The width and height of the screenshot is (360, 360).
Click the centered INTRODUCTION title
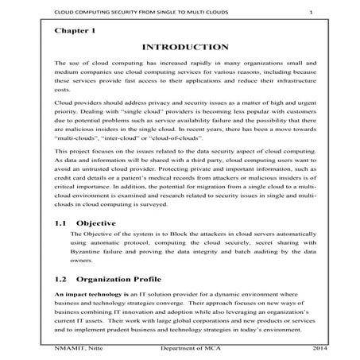(x=180, y=47)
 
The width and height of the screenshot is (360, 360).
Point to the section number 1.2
(x=61, y=280)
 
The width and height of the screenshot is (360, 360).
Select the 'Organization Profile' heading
(x=132, y=280)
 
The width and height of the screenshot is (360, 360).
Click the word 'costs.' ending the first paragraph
(x=63, y=91)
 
